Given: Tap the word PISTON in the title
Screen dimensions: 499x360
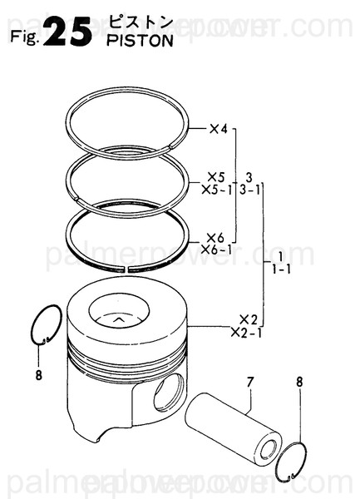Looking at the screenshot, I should tap(141, 41).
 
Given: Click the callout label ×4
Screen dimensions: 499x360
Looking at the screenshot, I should tap(219, 129).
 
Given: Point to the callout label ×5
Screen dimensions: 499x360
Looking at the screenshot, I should tap(216, 177).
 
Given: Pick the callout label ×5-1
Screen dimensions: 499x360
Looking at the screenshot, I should tap(220, 189).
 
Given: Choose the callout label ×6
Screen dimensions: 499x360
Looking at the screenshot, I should tap(216, 236).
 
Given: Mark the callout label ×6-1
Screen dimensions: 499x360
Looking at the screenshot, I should tap(220, 248).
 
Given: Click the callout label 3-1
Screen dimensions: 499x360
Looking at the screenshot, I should tap(250, 189).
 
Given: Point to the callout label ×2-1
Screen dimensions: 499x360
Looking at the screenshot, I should tap(248, 332).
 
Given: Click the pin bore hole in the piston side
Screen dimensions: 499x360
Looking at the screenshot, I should tap(168, 391).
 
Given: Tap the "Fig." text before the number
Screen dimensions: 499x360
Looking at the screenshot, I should tap(23, 37).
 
